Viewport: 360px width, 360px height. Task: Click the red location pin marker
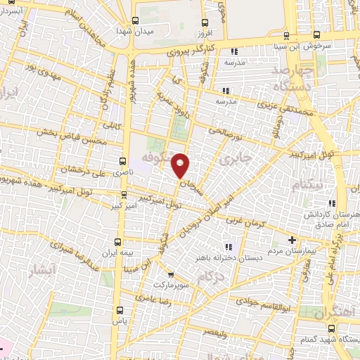tap(181, 166)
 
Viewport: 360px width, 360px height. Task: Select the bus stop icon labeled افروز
tap(204, 21)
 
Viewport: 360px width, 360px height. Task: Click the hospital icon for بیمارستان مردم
tap(292, 240)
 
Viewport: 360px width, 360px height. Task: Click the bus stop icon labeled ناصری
tap(124, 160)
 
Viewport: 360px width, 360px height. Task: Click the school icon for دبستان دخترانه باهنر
tap(227, 246)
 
